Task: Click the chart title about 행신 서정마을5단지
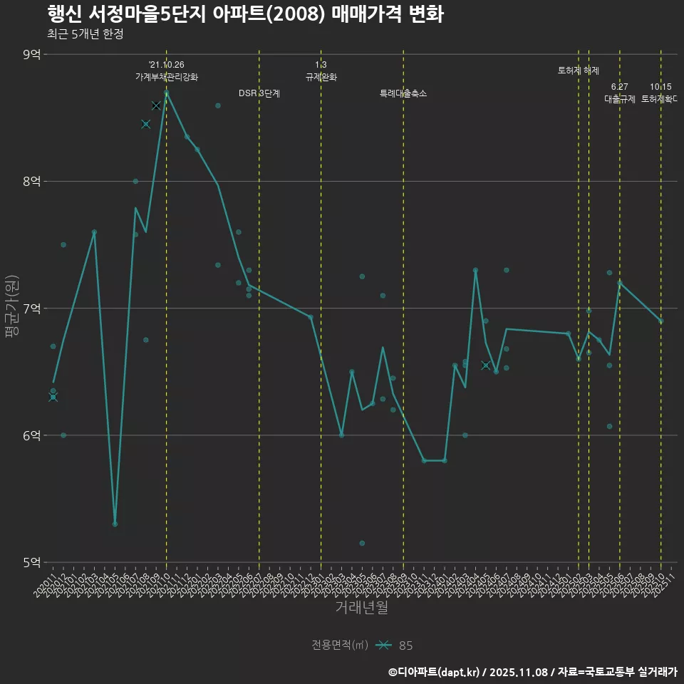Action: pyautogui.click(x=245, y=14)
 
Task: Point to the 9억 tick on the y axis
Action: pyautogui.click(x=31, y=54)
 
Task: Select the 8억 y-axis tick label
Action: pyautogui.click(x=31, y=182)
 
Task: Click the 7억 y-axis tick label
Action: pyautogui.click(x=31, y=309)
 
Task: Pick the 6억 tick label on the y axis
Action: pyautogui.click(x=31, y=435)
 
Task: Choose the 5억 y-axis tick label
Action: pyautogui.click(x=31, y=562)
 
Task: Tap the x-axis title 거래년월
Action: pyautogui.click(x=361, y=608)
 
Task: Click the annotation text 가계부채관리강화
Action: pyautogui.click(x=167, y=77)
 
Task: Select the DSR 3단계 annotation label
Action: pyautogui.click(x=259, y=93)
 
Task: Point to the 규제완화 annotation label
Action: pyautogui.click(x=321, y=77)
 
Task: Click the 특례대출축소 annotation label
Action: pyautogui.click(x=403, y=93)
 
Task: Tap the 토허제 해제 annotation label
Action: pyautogui.click(x=579, y=71)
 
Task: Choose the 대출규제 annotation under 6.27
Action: pyautogui.click(x=620, y=99)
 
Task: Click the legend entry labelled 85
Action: pyautogui.click(x=405, y=646)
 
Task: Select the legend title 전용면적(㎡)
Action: pyautogui.click(x=340, y=646)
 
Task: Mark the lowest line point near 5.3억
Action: pyautogui.click(x=115, y=524)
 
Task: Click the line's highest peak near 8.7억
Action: pyautogui.click(x=167, y=93)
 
